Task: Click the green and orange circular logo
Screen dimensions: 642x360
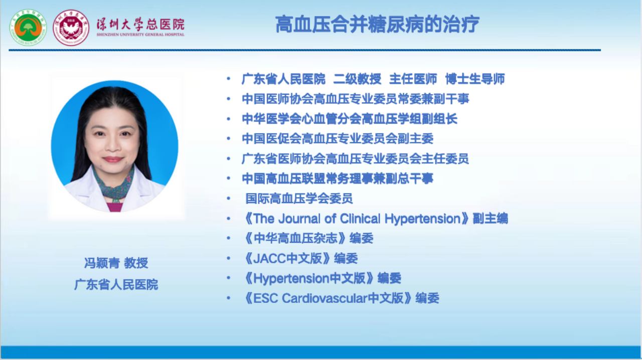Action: (28, 28)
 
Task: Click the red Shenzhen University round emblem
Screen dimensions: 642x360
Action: (71, 28)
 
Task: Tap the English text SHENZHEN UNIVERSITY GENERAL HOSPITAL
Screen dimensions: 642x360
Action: (140, 35)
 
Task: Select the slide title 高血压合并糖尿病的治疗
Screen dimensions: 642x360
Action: (377, 25)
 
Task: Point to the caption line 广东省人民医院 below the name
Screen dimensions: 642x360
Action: (116, 284)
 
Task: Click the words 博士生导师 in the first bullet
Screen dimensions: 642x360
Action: (475, 79)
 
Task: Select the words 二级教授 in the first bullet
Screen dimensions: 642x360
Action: (357, 79)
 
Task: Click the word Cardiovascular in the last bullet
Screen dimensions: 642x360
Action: (325, 298)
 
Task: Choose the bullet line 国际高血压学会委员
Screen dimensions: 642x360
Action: (299, 199)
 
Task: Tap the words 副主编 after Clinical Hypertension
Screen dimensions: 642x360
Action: (491, 219)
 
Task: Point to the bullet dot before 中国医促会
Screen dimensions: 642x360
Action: (228, 139)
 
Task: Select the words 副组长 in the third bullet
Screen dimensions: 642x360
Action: (439, 119)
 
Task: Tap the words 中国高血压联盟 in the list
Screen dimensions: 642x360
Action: (284, 178)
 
